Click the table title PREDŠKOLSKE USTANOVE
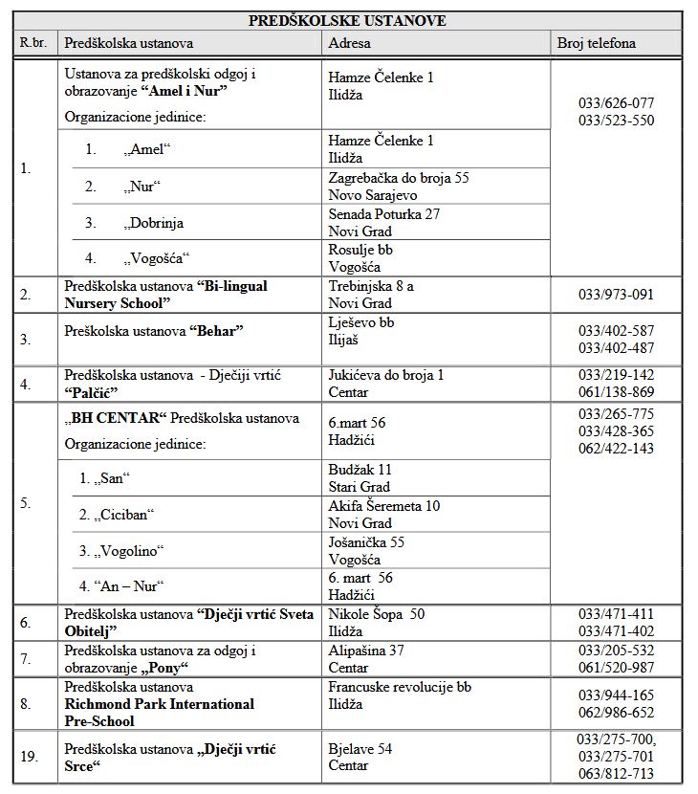(347, 20)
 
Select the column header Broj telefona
(597, 43)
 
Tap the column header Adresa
(349, 43)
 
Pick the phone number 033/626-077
(617, 103)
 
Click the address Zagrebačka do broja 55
(398, 178)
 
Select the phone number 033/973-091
(617, 295)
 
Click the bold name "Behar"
(219, 331)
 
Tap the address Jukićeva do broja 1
(385, 375)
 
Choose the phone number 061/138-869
(617, 392)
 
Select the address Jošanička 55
(366, 542)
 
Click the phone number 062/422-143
(617, 449)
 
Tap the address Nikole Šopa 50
(376, 614)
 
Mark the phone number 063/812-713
(617, 774)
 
